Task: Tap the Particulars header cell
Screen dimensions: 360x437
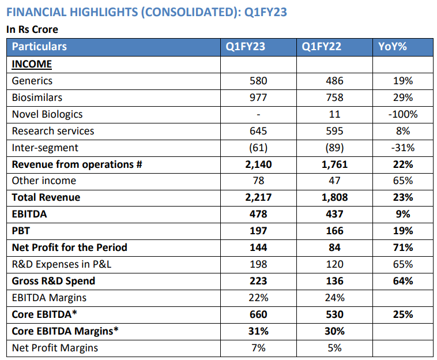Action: [x=39, y=47]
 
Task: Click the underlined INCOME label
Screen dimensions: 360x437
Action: [x=32, y=64]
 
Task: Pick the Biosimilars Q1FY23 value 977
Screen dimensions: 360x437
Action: [x=258, y=97]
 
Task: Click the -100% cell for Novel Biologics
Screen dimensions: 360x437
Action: [x=402, y=114]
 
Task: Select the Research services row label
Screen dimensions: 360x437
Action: [x=53, y=131]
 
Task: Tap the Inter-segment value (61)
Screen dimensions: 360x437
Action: [x=258, y=148]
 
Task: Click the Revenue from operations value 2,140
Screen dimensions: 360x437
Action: [x=258, y=164]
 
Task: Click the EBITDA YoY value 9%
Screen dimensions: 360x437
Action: [x=402, y=214]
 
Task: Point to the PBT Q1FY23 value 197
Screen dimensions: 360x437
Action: [x=258, y=231]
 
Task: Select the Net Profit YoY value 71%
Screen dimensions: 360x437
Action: [x=402, y=247]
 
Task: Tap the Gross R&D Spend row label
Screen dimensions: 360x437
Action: [x=54, y=281]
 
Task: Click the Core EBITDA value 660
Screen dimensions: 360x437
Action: [x=258, y=314]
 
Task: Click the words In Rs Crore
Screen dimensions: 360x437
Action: [x=32, y=29]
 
